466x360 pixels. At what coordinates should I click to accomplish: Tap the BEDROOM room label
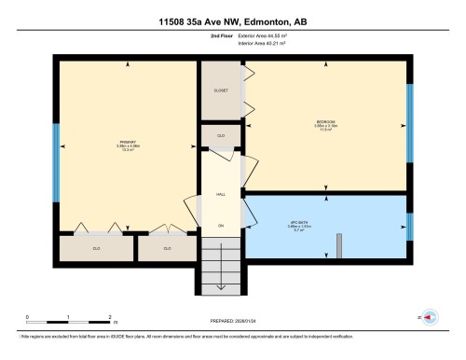[326, 120]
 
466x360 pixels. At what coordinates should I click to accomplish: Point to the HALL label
[221, 193]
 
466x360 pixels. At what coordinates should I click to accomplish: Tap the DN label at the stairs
[221, 227]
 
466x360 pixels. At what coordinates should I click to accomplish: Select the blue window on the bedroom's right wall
[409, 111]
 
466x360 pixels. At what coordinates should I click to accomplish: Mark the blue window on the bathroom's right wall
[409, 227]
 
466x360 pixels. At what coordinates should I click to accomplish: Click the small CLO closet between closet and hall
[221, 136]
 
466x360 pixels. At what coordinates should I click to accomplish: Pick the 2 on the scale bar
[110, 318]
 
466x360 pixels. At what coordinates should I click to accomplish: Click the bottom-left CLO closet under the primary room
[96, 248]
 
